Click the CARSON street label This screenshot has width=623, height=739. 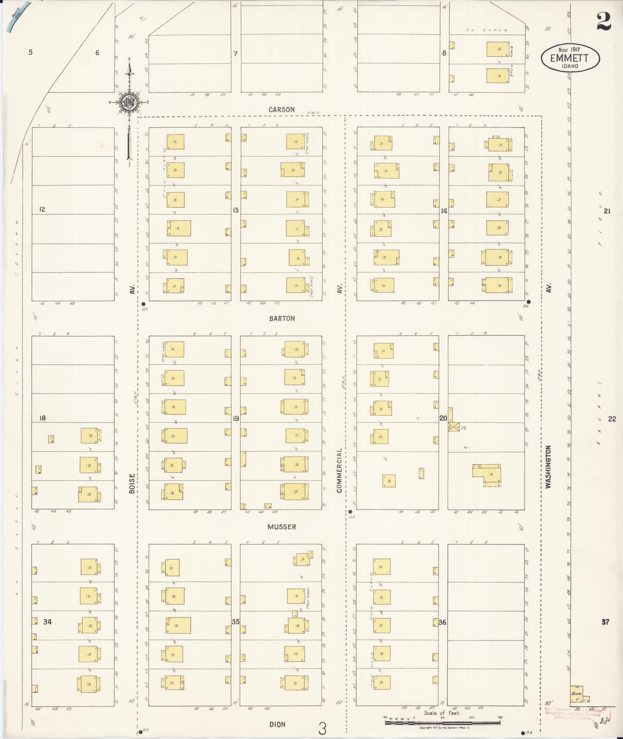click(x=282, y=110)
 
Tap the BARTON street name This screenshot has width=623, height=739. click(x=282, y=319)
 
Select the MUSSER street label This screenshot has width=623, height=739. click(x=282, y=527)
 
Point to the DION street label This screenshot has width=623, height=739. click(x=277, y=725)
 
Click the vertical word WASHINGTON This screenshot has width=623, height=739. click(x=548, y=467)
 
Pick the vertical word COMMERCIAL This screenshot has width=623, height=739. click(x=339, y=470)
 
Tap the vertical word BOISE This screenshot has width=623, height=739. click(x=132, y=483)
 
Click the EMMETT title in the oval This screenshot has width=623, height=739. click(x=570, y=58)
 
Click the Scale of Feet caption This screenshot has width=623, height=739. click(x=442, y=713)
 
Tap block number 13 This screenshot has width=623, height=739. click(x=235, y=210)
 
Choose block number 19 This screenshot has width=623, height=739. click(x=236, y=419)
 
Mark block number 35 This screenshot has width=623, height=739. click(x=236, y=622)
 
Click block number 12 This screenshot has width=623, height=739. click(x=42, y=209)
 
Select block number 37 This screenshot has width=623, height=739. click(x=605, y=622)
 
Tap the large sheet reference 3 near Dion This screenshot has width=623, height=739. click(x=322, y=729)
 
